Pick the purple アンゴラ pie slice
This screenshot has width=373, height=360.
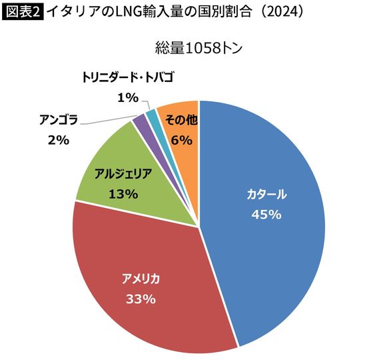pos(139,121)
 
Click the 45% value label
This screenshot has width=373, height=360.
pos(266,215)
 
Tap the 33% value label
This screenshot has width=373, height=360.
pos(141,299)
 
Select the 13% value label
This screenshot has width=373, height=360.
pos(122,194)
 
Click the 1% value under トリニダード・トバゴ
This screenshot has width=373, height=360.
pos(127,97)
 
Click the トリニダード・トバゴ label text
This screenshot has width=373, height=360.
pos(128,77)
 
